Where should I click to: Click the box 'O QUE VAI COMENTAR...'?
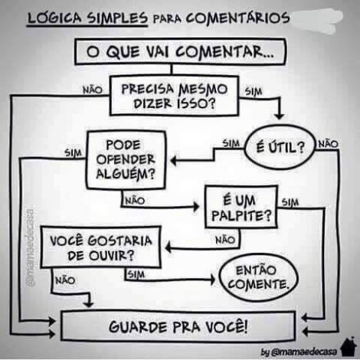[180, 52]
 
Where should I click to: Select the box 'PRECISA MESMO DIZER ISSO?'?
[175, 96]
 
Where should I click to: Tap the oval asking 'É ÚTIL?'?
[280, 147]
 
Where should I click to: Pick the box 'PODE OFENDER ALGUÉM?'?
[126, 160]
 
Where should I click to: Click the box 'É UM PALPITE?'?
[241, 208]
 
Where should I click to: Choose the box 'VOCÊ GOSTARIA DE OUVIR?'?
[101, 247]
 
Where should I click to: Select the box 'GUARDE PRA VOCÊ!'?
[178, 326]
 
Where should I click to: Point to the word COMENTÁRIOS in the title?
[237, 18]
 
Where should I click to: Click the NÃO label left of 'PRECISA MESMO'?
[93, 90]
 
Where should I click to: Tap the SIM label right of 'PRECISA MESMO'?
[254, 91]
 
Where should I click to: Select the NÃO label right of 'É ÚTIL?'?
[328, 144]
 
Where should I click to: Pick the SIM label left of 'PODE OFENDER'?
[73, 152]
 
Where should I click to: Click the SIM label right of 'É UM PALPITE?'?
[290, 202]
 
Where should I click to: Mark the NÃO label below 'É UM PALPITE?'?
[225, 240]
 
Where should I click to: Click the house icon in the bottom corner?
[349, 346]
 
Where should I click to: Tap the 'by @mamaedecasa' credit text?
[299, 352]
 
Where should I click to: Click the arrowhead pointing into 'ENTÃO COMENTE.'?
[213, 280]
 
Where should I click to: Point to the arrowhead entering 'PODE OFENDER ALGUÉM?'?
[173, 161]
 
